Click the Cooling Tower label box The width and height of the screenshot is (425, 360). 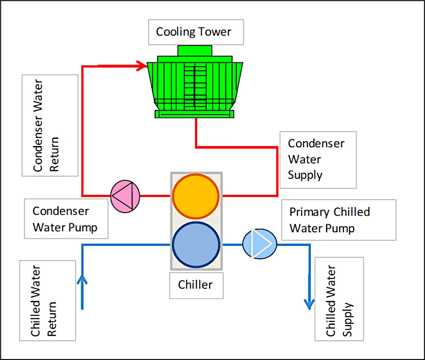196,32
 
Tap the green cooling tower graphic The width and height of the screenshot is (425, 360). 195,85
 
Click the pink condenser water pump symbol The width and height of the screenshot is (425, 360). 125,196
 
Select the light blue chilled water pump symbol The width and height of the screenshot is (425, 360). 260,244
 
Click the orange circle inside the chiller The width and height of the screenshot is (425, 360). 196,196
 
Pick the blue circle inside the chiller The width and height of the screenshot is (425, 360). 196,245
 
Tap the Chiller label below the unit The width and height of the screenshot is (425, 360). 196,285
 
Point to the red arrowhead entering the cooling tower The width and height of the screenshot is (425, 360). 142,66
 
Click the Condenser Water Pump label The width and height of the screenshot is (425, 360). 66,219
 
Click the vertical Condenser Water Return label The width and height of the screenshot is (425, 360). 50,125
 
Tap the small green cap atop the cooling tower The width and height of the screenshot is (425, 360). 195,51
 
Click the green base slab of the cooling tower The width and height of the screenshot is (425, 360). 195,114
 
